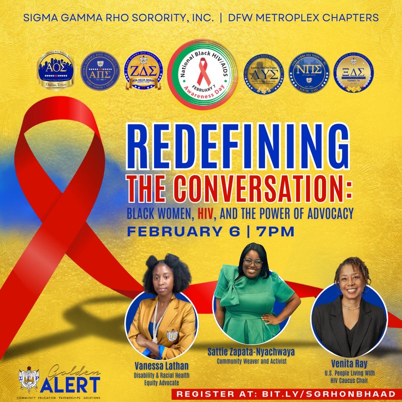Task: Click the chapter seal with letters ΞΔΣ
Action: (353, 70)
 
